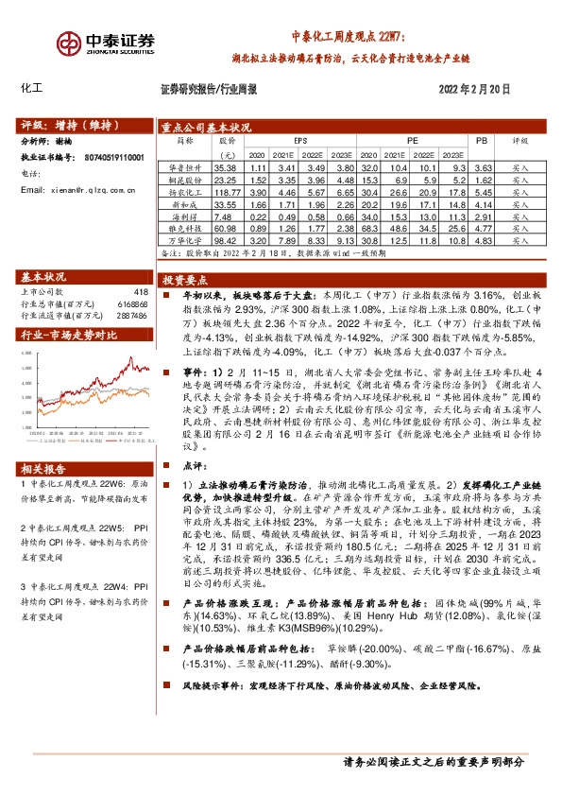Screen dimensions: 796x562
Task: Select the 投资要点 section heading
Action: (184, 281)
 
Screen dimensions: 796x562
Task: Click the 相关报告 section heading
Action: (43, 469)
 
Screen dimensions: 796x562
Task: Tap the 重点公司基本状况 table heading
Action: (206, 125)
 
